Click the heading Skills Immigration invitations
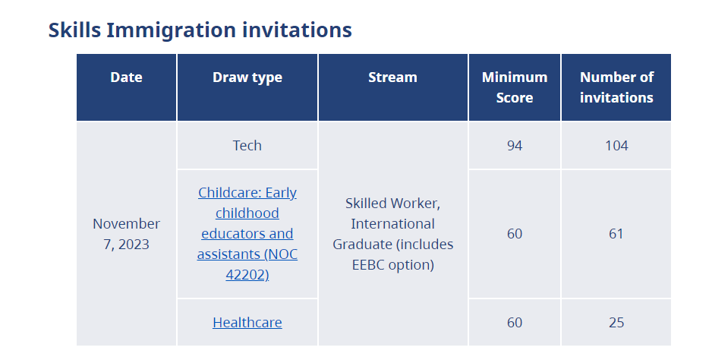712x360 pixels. click(x=200, y=30)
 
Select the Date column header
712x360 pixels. click(x=126, y=77)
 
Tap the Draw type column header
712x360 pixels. click(x=247, y=77)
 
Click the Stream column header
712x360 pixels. click(x=392, y=77)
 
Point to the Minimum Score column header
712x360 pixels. click(x=515, y=87)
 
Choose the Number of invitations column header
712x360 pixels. click(x=616, y=87)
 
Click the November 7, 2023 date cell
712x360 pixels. click(x=126, y=234)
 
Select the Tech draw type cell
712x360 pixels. click(x=247, y=146)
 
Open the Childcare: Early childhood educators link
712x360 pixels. click(x=247, y=234)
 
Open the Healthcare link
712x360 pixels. click(x=247, y=322)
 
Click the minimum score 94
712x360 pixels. click(x=515, y=146)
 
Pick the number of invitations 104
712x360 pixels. click(x=616, y=146)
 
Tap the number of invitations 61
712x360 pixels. click(x=616, y=234)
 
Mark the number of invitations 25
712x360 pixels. click(x=616, y=322)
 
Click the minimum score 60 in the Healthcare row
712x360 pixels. click(x=515, y=322)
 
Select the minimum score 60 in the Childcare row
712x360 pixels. click(x=515, y=234)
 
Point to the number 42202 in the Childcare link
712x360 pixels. click(x=246, y=274)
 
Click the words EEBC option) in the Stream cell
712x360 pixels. click(x=392, y=264)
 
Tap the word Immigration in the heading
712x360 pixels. click(x=172, y=30)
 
